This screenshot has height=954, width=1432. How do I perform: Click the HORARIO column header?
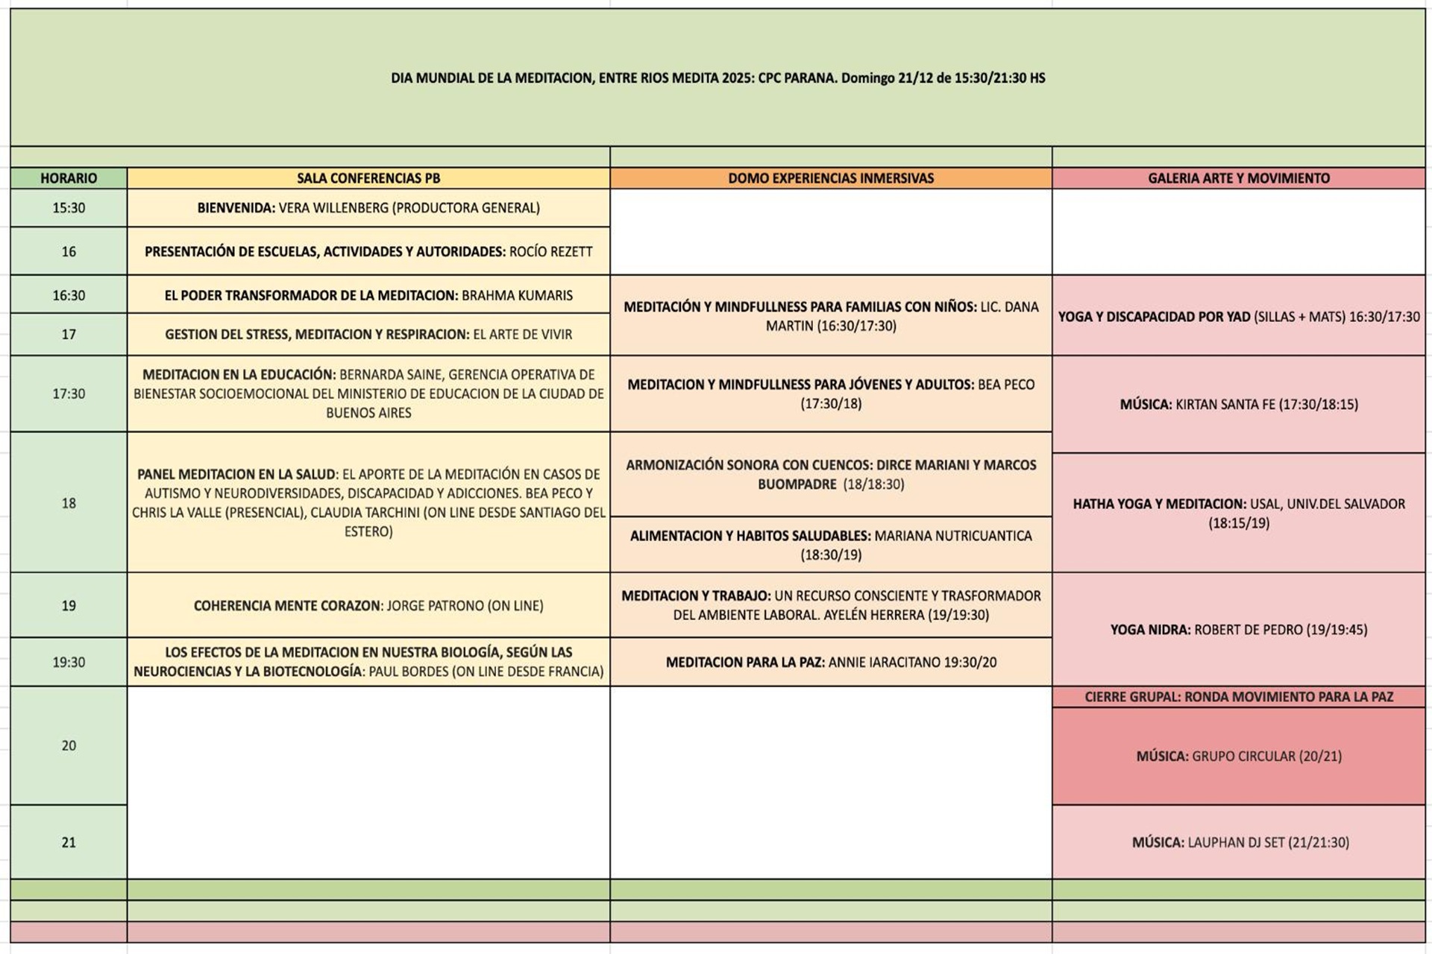69,178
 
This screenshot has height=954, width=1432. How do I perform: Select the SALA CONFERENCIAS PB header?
368,178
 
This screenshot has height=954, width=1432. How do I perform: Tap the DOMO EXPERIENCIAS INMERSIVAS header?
831,178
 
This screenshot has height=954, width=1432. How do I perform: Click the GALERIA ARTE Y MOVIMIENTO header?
1238,178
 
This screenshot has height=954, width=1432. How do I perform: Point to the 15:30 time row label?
69,208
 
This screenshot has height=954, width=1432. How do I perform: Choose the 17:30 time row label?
69,394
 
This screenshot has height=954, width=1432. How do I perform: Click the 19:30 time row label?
69,662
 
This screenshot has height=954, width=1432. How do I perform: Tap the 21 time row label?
69,842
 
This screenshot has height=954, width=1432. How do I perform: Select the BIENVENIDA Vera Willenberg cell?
368,208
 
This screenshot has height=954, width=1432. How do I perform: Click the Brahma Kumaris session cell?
368,295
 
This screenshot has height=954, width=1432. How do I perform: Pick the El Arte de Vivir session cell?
368,335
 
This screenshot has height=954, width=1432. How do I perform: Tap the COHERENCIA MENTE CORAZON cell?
368,606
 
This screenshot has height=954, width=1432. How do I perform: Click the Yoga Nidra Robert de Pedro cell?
1238,630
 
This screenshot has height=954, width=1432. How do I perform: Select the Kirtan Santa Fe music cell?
1238,405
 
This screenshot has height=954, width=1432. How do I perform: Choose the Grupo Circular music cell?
1238,756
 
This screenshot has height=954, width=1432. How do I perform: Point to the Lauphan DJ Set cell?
1238,842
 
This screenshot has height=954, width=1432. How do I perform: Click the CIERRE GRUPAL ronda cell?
1238,697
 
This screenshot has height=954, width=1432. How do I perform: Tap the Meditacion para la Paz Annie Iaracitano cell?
831,662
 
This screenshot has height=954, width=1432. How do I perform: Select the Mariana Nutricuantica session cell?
831,545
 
